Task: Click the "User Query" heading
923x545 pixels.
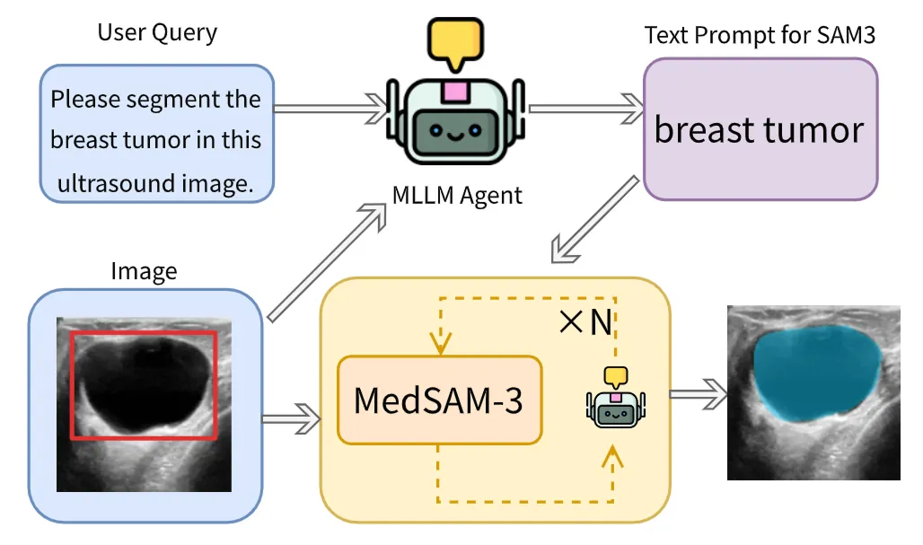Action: (157, 34)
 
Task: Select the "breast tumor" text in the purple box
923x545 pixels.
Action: (759, 130)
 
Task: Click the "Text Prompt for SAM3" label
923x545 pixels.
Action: (760, 37)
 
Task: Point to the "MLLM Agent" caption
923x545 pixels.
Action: (458, 195)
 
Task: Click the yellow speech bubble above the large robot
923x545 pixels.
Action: (455, 41)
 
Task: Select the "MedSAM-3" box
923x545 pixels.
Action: (439, 400)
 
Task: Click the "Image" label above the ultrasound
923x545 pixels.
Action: (144, 270)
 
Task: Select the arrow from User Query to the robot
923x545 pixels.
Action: (329, 109)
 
